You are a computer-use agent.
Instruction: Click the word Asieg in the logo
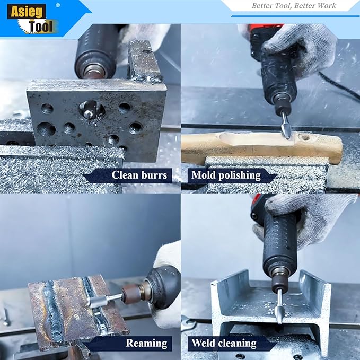click(27, 12)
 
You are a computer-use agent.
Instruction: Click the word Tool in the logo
click(41, 27)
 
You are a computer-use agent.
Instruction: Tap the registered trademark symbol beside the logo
click(58, 5)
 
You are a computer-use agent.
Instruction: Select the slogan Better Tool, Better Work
click(294, 5)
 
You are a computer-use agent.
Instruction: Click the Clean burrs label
click(139, 175)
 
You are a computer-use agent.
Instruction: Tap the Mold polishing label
click(226, 175)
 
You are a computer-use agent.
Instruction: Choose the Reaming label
click(146, 343)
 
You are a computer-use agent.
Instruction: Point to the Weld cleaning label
click(224, 343)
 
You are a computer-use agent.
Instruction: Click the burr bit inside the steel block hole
click(89, 112)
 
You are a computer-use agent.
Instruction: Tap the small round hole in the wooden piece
click(305, 137)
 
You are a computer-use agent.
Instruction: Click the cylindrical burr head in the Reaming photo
click(96, 302)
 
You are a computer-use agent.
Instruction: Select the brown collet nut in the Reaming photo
click(129, 294)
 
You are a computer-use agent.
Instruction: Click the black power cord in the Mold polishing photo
click(340, 84)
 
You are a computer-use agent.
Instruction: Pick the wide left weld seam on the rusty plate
click(54, 312)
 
